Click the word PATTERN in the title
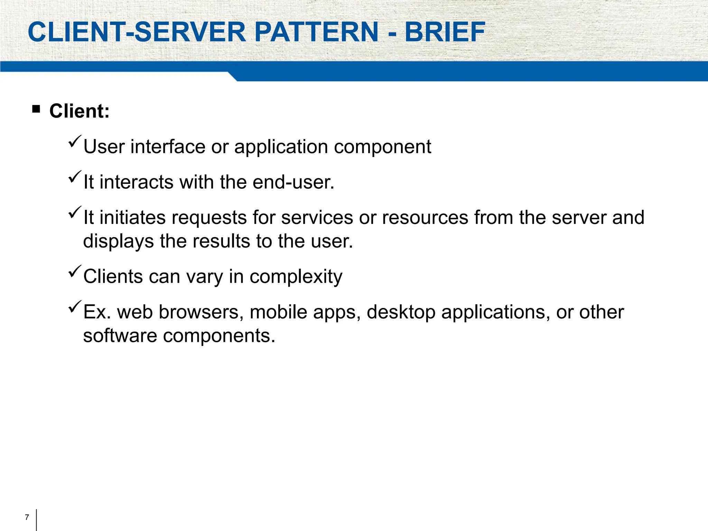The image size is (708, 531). point(316,32)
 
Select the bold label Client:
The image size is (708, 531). point(80,111)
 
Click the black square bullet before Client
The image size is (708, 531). point(36,110)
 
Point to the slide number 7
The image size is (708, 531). point(27,518)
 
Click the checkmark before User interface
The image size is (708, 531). point(75,141)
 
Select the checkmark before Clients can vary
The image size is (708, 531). point(75,271)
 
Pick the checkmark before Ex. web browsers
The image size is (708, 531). point(75,307)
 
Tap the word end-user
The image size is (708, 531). point(294,182)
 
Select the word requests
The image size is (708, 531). point(209,218)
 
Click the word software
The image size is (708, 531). point(120,336)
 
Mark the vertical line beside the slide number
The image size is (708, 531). point(36,520)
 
